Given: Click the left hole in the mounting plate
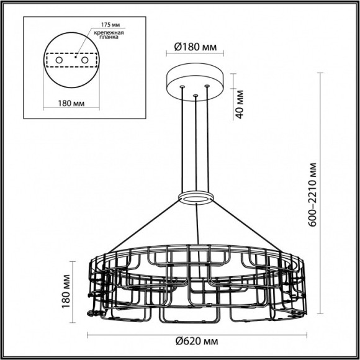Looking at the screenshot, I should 59,61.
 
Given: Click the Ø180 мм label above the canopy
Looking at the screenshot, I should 196,47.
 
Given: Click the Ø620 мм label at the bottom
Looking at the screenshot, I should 196,341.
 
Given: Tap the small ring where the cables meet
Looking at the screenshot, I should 196,198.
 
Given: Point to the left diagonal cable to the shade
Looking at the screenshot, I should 143,225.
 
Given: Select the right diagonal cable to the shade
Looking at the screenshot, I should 248,225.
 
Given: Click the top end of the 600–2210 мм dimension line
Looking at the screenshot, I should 320,73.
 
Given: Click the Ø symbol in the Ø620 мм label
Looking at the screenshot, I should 178,341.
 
